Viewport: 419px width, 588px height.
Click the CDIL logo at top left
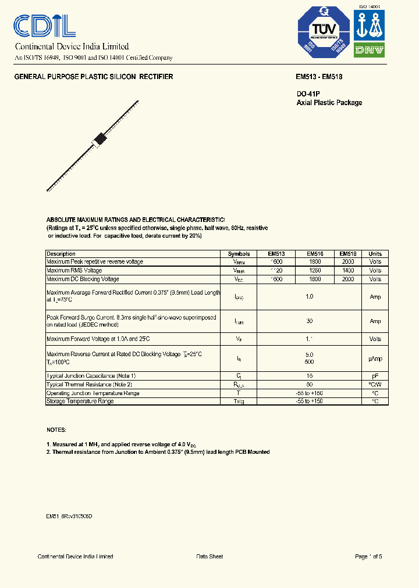(44, 26)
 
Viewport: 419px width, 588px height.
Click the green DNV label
(370, 50)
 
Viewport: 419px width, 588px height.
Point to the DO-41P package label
(308, 94)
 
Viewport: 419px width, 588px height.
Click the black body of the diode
(100, 140)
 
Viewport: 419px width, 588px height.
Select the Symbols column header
(239, 254)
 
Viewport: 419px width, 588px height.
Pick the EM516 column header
(314, 254)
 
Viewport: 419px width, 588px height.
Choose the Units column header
(375, 254)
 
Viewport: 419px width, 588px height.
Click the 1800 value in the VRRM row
(314, 262)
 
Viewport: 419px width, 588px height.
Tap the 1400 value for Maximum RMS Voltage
(348, 271)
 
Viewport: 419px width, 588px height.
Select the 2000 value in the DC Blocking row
(348, 279)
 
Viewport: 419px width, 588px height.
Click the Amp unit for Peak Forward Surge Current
(375, 321)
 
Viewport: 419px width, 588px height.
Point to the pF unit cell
(375, 377)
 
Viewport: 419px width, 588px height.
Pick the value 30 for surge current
(310, 321)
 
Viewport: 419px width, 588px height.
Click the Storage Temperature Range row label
(80, 401)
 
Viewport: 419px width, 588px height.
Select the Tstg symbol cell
(239, 401)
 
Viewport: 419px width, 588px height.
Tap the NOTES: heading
(56, 429)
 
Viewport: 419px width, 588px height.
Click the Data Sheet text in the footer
(210, 557)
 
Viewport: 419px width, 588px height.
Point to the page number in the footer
(368, 557)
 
